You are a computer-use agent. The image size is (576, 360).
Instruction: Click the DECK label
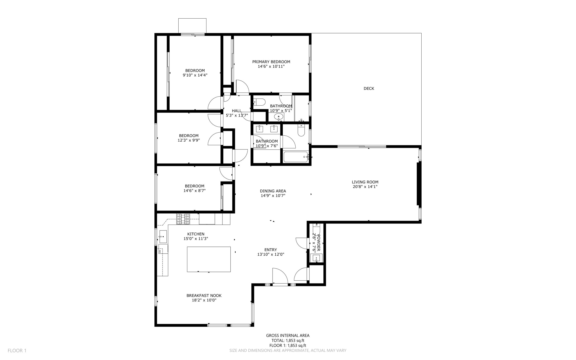(369, 88)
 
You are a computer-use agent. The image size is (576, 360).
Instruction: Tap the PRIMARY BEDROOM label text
(271, 62)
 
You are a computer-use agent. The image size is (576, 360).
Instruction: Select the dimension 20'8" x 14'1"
(365, 187)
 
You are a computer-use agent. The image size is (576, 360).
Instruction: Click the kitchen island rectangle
(209, 259)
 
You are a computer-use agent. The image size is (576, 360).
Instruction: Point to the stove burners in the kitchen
(183, 219)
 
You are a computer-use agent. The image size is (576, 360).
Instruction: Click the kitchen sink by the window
(163, 236)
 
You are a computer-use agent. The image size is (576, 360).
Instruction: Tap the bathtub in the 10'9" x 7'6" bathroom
(296, 157)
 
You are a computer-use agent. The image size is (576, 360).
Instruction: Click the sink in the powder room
(316, 258)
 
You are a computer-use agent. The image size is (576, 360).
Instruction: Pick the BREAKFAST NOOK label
(204, 296)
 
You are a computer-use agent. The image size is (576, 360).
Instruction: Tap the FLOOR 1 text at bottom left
(17, 350)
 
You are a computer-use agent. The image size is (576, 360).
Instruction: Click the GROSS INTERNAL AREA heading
(288, 335)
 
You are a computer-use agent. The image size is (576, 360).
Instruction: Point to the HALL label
(237, 111)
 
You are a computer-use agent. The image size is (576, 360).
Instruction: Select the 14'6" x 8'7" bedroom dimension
(194, 191)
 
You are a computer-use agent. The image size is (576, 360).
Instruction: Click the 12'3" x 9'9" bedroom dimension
(188, 140)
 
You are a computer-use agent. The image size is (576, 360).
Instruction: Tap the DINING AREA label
(273, 191)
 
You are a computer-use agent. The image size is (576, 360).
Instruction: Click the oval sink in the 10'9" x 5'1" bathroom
(278, 117)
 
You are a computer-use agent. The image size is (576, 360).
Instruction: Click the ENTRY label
(271, 250)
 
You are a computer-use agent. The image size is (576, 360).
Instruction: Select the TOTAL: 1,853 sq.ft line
(288, 340)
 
